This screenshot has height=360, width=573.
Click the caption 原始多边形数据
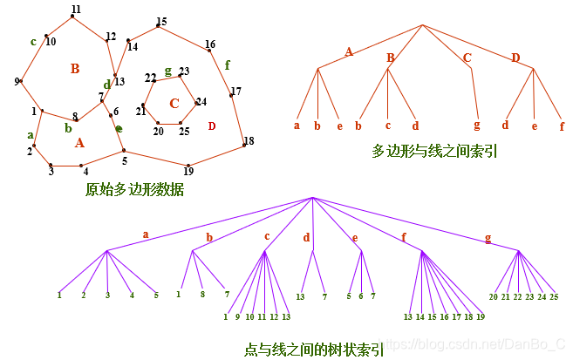(134, 188)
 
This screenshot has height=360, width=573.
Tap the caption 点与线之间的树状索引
(313, 350)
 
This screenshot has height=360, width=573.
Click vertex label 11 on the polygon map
(76, 9)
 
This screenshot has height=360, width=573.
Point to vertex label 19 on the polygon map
(188, 170)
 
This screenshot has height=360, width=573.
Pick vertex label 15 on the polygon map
(161, 22)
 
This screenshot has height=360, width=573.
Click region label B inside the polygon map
(75, 68)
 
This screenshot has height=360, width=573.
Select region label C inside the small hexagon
(174, 104)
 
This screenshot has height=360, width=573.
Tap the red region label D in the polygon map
(211, 126)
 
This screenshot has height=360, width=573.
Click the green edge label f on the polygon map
(228, 65)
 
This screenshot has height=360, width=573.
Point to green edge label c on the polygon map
(33, 40)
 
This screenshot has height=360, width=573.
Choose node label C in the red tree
(467, 58)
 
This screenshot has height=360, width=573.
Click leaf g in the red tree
(477, 126)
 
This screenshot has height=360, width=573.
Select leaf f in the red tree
(562, 126)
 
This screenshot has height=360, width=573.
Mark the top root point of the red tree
(423, 24)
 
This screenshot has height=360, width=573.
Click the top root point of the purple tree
(312, 198)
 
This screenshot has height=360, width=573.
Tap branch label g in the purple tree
(487, 237)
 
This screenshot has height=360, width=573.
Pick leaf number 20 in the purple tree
(494, 297)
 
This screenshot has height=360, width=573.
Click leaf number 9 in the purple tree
(237, 316)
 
